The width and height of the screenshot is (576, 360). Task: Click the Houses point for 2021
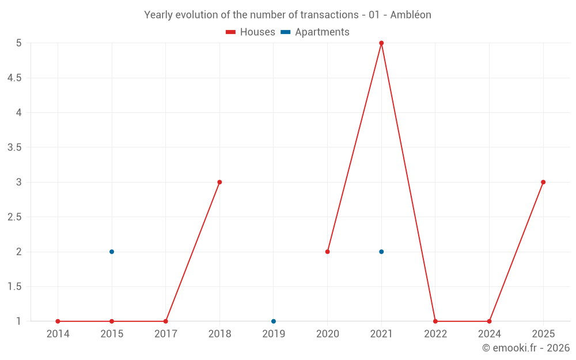pyautogui.click(x=381, y=43)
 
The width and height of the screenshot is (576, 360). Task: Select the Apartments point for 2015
pyautogui.click(x=112, y=252)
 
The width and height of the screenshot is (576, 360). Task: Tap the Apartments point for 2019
pyautogui.click(x=274, y=321)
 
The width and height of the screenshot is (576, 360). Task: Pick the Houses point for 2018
pyautogui.click(x=219, y=182)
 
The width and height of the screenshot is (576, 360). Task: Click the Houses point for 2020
pyautogui.click(x=327, y=252)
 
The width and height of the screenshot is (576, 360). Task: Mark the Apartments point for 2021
pyautogui.click(x=381, y=252)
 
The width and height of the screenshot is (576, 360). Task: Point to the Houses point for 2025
pyautogui.click(x=543, y=182)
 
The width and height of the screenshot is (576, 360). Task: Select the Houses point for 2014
pyautogui.click(x=58, y=321)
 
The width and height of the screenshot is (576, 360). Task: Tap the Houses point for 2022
pyautogui.click(x=435, y=321)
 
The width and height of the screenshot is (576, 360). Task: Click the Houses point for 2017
pyautogui.click(x=165, y=321)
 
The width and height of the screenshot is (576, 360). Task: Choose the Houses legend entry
pyautogui.click(x=251, y=32)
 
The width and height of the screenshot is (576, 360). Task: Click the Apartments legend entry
pyautogui.click(x=315, y=32)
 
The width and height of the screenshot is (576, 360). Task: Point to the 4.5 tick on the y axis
pyautogui.click(x=14, y=78)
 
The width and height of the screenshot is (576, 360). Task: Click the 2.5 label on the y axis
pyautogui.click(x=14, y=217)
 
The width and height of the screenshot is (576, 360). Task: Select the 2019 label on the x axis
pyautogui.click(x=274, y=334)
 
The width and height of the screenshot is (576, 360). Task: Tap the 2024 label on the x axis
pyautogui.click(x=489, y=334)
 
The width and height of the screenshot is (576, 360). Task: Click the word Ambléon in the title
pyautogui.click(x=411, y=15)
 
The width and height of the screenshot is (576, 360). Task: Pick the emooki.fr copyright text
pyautogui.click(x=526, y=348)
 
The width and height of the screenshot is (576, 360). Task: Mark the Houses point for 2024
pyautogui.click(x=489, y=321)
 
